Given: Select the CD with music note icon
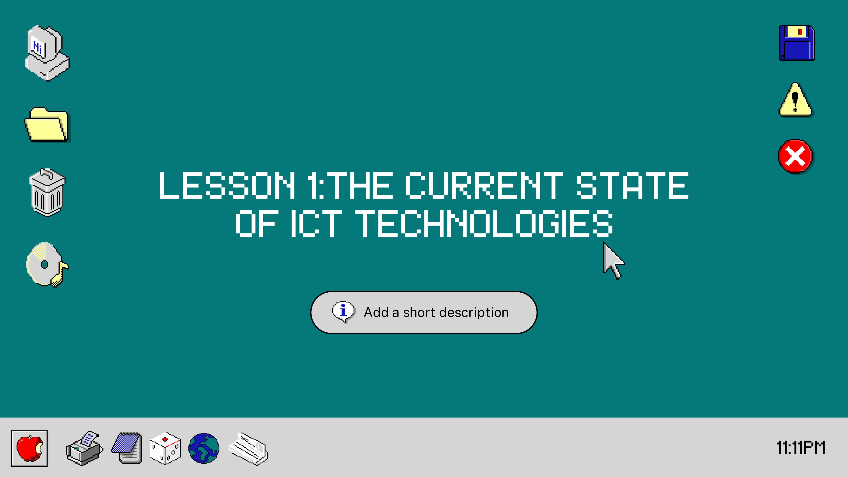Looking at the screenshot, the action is (x=47, y=265).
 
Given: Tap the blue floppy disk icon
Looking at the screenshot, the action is (x=797, y=43).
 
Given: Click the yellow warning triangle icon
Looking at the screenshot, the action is (x=795, y=100).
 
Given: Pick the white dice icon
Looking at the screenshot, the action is (x=165, y=448).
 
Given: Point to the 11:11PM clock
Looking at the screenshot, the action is (x=801, y=448).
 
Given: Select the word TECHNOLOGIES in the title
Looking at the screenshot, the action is (x=484, y=224).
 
